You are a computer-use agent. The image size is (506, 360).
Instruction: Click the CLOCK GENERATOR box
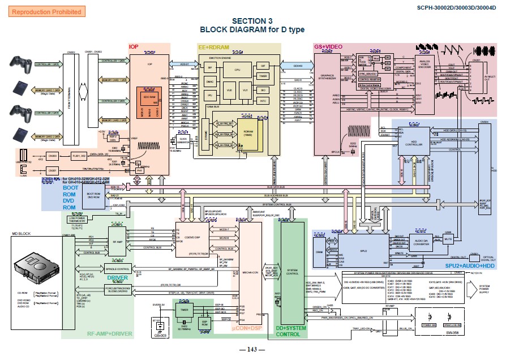(x=182, y=139)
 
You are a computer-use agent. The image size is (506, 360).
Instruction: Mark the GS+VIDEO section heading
(x=328, y=46)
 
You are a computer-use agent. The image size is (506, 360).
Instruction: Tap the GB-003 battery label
(x=160, y=336)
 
